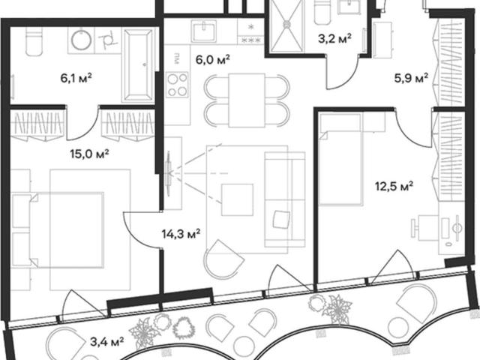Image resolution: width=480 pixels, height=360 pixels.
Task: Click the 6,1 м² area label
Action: (76, 78)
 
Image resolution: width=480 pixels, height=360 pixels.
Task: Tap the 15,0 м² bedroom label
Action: (89, 154)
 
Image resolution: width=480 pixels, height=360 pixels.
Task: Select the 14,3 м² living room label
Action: (181, 234)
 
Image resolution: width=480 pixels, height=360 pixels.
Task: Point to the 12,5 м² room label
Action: (394, 186)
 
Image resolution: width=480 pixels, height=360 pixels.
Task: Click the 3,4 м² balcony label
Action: (107, 341)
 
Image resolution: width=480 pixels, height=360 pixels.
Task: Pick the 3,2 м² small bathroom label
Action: (334, 39)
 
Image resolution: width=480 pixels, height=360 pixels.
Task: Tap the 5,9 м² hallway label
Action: (411, 78)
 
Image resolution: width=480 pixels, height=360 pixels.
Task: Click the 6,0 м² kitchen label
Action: (213, 59)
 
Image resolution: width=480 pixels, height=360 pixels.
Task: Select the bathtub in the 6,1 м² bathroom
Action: (138, 65)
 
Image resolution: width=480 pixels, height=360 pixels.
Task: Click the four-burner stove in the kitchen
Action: (177, 85)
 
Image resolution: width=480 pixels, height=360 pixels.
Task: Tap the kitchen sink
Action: (204, 31)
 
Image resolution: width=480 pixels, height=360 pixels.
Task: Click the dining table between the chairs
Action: (247, 100)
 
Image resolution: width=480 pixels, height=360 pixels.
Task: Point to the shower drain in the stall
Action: (287, 24)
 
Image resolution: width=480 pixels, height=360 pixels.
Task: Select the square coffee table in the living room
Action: (237, 199)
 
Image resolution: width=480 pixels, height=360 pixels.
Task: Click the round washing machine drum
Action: (82, 39)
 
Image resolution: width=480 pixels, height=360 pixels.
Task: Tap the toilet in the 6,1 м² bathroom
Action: (33, 42)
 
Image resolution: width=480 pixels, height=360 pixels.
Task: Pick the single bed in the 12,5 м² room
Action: (340, 159)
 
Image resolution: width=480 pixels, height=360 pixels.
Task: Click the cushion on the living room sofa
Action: (281, 219)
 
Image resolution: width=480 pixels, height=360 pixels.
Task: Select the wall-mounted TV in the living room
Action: (168, 173)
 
